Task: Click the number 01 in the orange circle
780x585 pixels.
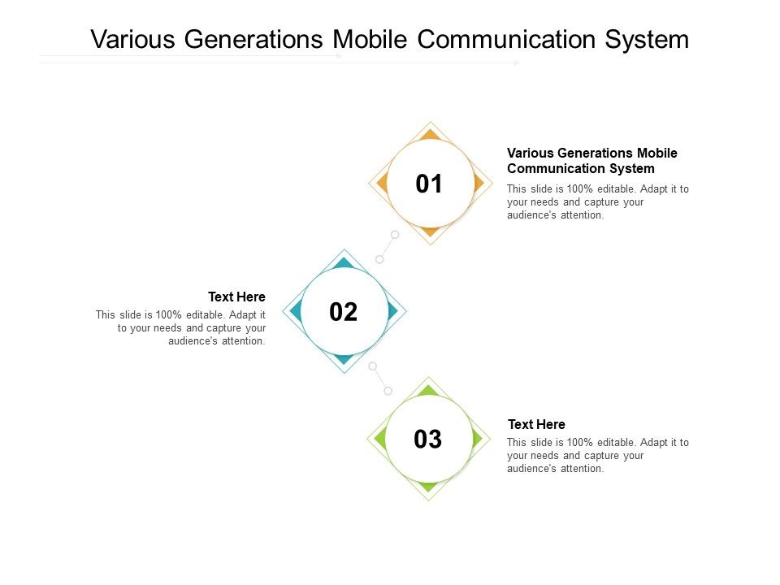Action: click(429, 184)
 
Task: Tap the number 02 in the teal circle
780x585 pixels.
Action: click(343, 312)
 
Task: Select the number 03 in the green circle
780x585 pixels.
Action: click(428, 440)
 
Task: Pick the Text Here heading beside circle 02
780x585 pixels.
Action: click(236, 297)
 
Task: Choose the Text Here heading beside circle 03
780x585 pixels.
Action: click(536, 424)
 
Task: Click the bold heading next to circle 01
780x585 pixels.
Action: click(591, 161)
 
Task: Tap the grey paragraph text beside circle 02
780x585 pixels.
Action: click(182, 327)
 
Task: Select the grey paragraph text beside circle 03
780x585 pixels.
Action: click(597, 455)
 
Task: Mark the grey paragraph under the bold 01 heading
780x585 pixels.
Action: click(597, 201)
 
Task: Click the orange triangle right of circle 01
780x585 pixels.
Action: click(479, 184)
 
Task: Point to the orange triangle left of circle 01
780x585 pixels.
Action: click(379, 184)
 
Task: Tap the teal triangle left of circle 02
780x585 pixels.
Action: click(294, 311)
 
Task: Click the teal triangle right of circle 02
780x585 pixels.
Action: click(393, 311)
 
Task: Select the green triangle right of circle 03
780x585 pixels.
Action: click(478, 439)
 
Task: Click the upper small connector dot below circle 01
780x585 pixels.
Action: click(395, 234)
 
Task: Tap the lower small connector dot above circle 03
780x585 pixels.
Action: click(388, 391)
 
